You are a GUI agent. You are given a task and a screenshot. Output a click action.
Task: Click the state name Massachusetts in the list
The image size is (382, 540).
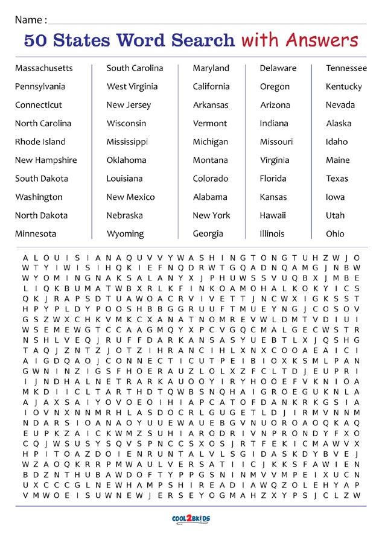pyautogui.click(x=43, y=68)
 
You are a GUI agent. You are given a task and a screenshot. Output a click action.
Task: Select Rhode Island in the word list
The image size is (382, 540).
pyautogui.click(x=40, y=142)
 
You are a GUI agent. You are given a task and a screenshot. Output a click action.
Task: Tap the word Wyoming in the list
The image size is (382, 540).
pyautogui.click(x=125, y=234)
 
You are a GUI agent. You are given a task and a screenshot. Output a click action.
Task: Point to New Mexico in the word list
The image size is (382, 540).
pyautogui.click(x=130, y=197)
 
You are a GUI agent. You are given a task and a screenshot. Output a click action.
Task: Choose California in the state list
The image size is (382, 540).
pyautogui.click(x=211, y=87)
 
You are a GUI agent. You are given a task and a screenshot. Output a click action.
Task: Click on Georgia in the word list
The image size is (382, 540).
pyautogui.click(x=208, y=234)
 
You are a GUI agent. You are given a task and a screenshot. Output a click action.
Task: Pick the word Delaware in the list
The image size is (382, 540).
pyautogui.click(x=278, y=68)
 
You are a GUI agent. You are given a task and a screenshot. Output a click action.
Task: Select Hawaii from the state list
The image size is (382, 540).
pyautogui.click(x=273, y=215)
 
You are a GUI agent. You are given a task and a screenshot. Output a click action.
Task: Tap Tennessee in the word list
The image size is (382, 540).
pyautogui.click(x=346, y=68)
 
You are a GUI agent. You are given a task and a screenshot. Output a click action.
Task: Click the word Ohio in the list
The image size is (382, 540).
pyautogui.click(x=335, y=234)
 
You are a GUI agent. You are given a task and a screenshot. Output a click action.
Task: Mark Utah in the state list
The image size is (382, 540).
pyautogui.click(x=335, y=215)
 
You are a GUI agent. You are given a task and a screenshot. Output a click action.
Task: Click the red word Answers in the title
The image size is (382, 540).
pyautogui.click(x=323, y=40)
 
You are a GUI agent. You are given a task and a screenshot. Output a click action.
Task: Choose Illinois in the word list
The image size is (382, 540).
pyautogui.click(x=272, y=234)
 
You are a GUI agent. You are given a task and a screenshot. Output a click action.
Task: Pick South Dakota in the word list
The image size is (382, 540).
pyautogui.click(x=41, y=179)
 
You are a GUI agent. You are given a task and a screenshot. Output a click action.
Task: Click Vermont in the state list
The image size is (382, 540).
pyautogui.click(x=210, y=124)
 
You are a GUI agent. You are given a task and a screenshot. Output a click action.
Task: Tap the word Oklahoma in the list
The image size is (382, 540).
pyautogui.click(x=126, y=160)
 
